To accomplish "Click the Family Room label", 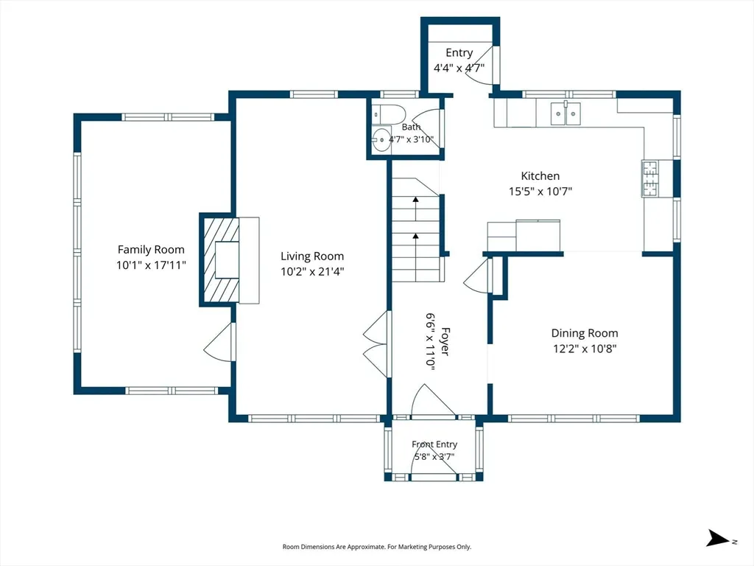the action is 151,249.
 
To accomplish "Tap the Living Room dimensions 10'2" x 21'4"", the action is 312,271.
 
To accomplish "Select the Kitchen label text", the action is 540,175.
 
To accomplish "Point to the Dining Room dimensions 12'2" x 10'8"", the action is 585,349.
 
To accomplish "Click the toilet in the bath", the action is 390,114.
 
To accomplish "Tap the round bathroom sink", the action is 382,139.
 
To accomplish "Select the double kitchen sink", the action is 565,113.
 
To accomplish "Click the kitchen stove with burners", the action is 650,178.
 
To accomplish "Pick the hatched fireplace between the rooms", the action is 221,259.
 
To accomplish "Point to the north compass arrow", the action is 718,538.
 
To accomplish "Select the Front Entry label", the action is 434,444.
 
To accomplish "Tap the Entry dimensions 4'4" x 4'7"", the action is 459,68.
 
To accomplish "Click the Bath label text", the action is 411,127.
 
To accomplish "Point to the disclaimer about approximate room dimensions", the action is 376,547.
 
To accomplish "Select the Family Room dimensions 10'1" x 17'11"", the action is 151,265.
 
